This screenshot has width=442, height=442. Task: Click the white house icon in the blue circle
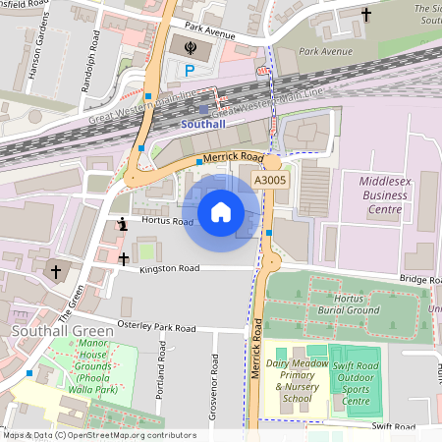[221, 211]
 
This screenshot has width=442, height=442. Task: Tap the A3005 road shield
[271, 181]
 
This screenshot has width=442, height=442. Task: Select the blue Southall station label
[204, 125]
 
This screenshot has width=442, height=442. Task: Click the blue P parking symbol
[190, 70]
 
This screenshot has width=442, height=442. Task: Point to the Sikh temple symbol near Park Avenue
[190, 45]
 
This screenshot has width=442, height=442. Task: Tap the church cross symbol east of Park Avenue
[367, 15]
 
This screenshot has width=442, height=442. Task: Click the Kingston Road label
[169, 268]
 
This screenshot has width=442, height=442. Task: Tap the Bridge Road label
[418, 279]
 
